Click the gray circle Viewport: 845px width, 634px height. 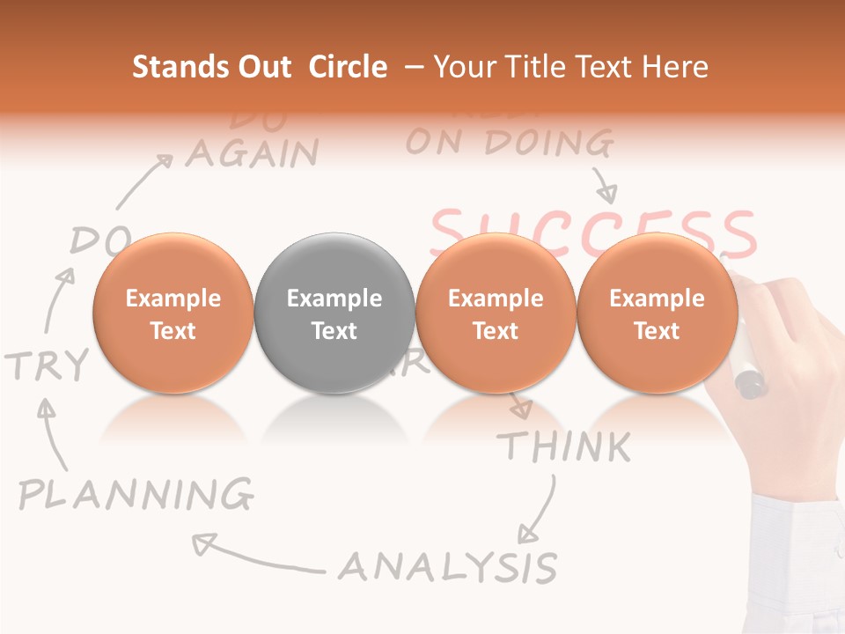pyautogui.click(x=334, y=313)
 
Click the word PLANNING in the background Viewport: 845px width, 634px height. pyautogui.click(x=136, y=495)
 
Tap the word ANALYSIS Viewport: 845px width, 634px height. pyautogui.click(x=448, y=566)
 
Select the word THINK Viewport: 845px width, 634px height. pyautogui.click(x=564, y=447)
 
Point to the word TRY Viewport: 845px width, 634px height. pyautogui.click(x=48, y=365)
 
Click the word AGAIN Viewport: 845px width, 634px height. pyautogui.click(x=252, y=154)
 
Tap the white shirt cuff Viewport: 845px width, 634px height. pyautogui.click(x=797, y=564)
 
